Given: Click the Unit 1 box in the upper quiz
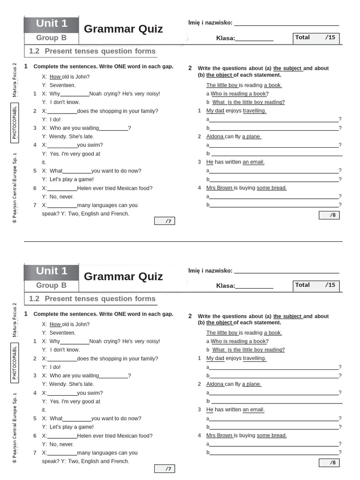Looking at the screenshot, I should pos(52,23).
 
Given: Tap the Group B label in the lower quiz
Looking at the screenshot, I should pos(52,285).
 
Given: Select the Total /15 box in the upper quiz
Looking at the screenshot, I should pos(316,38).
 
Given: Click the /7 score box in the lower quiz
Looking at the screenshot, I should pos(165,469).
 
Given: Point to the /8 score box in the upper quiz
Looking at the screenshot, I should pos(329,215).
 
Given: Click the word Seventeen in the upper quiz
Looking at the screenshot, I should pos(62,85).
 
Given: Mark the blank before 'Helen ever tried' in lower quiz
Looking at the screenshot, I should pos(62,436).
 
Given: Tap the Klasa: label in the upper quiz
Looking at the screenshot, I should pos(225,38).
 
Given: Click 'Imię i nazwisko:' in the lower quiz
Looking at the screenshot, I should pos(210,270).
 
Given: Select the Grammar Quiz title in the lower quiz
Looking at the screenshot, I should pos(123,276).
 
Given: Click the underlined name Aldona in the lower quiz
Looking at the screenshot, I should pos(215,384).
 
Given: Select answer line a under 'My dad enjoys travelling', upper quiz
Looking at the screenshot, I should pos(274,120).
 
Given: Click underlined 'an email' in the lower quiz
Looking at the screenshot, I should pos(253,410).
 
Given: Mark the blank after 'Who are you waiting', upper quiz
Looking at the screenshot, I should pos(113,128).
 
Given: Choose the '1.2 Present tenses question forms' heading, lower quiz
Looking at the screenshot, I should pos(92,299).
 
